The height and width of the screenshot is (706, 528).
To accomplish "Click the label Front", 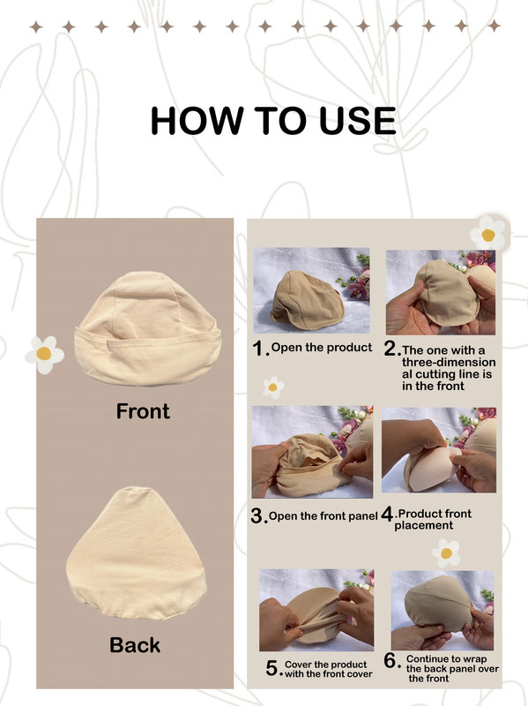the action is point(143,411).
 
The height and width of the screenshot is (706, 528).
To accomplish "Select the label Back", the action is point(135,645).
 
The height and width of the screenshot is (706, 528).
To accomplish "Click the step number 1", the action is point(258,348).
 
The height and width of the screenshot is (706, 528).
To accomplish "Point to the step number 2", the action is point(390,348).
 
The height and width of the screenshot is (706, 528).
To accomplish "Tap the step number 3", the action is point(257,516).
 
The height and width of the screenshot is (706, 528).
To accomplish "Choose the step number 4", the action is point(387,514).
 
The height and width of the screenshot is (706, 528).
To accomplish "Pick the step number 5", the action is point(272,668).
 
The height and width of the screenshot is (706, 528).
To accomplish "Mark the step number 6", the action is point(390,661).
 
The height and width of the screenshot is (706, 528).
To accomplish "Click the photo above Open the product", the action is point(311,290).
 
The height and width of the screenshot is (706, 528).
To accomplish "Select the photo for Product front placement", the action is point(439,450).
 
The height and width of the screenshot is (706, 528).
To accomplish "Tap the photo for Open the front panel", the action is point(312,452).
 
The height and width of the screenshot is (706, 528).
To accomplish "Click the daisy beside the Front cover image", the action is point(45,355).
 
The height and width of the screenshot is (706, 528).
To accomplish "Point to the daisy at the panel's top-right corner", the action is point(488,233).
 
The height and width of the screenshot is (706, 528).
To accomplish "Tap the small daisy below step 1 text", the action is point(273,387).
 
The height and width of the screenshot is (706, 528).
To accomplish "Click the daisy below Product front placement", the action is point(446,553).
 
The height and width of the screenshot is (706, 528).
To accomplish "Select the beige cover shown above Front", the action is point(147,327).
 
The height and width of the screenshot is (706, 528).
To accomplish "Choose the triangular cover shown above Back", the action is point(137,553).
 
